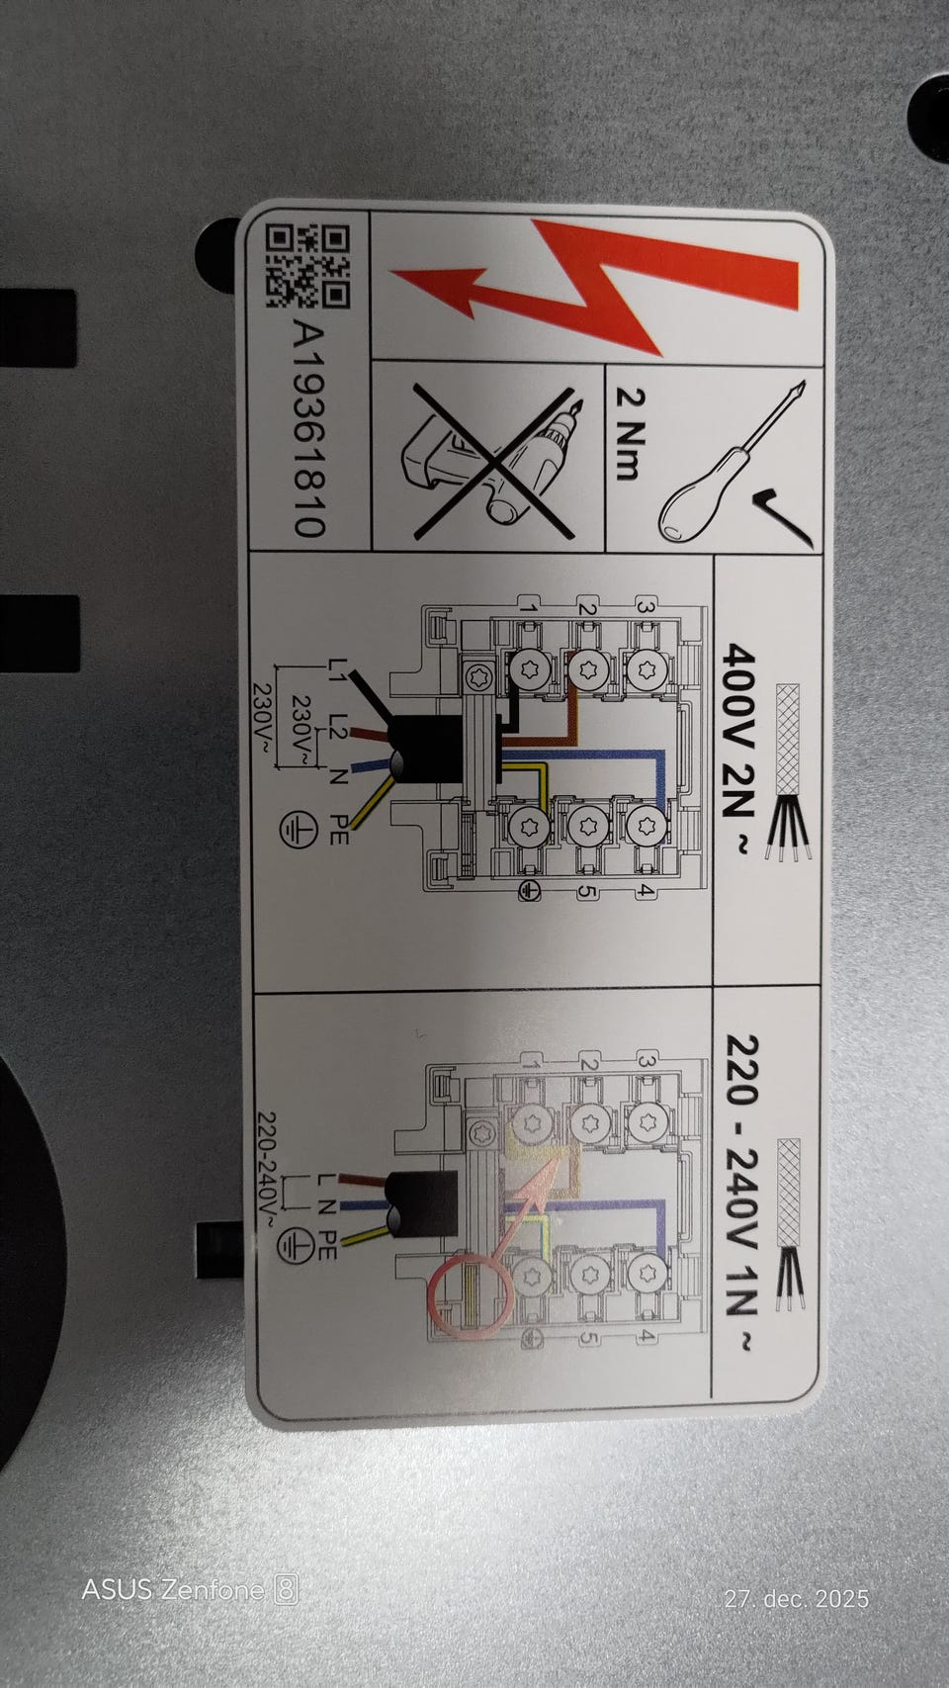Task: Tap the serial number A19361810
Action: (x=308, y=429)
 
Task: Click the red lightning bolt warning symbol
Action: (x=595, y=288)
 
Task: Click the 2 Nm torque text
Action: (x=631, y=434)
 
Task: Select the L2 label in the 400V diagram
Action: (x=338, y=727)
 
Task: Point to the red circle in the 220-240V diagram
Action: (x=470, y=1296)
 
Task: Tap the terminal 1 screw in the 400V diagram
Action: (x=530, y=669)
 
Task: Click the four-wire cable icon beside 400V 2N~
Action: (x=789, y=771)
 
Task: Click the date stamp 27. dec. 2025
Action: (x=797, y=1598)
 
